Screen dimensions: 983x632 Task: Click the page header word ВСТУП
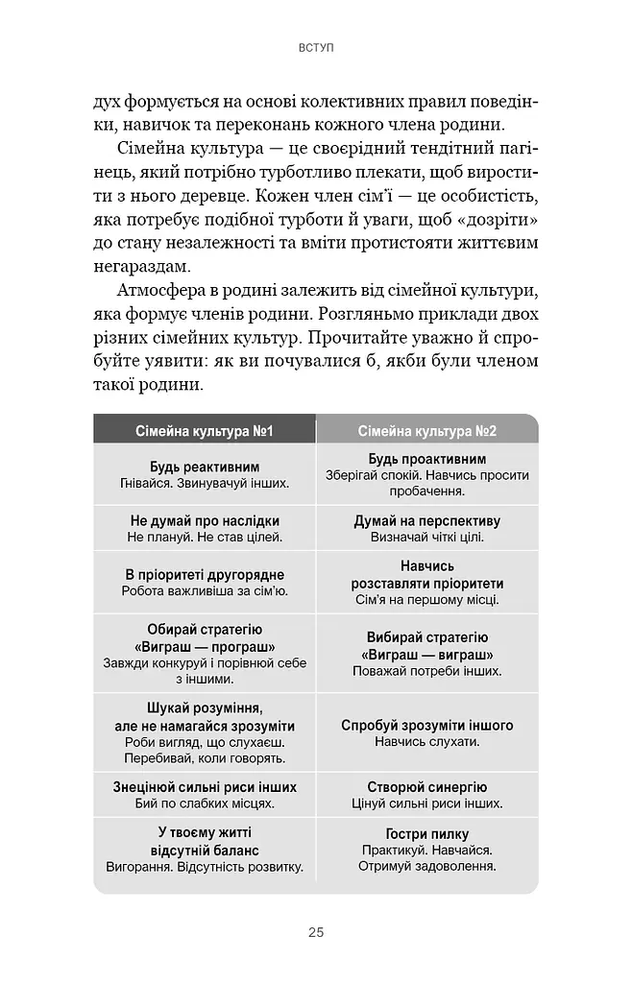316,47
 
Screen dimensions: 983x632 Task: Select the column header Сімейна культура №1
205,431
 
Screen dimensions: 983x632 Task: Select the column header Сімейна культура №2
427,431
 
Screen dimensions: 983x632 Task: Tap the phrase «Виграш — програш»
205,645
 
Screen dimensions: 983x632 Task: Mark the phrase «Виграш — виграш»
427,654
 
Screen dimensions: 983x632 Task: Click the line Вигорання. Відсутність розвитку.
205,867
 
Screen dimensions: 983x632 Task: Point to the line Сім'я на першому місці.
427,600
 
